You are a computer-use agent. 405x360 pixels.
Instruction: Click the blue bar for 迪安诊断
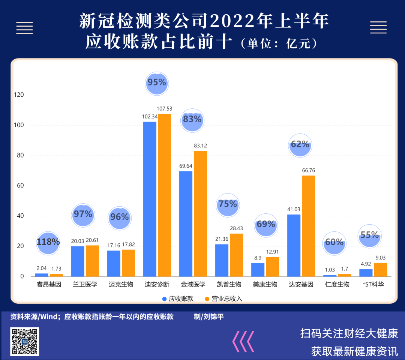(150, 199)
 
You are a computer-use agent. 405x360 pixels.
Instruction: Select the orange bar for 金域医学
(200, 214)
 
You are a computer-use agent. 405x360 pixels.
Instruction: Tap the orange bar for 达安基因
(309, 226)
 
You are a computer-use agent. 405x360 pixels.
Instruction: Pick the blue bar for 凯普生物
(222, 260)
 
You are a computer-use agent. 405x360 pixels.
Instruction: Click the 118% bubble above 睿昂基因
(48, 243)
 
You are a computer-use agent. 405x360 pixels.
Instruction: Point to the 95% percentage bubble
(157, 84)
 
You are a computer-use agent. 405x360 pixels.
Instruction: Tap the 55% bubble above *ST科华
(370, 236)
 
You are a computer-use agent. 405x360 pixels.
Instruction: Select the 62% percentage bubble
(300, 145)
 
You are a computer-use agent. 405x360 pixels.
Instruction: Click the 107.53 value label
(164, 109)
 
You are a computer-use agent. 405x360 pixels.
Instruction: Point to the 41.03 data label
(294, 210)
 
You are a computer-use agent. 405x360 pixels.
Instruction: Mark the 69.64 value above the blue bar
(186, 166)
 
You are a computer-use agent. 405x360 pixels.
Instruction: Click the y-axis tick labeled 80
(20, 155)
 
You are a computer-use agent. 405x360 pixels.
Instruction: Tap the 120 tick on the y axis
(19, 95)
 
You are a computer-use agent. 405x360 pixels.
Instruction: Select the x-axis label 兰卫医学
(85, 285)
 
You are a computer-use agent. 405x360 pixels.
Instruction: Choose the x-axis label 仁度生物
(337, 285)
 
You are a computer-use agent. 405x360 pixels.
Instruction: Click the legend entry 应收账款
(178, 299)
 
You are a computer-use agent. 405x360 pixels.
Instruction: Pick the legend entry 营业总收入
(223, 299)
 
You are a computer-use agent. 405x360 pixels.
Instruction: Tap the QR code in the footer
(24, 341)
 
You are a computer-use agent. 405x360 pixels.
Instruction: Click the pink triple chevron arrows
(243, 341)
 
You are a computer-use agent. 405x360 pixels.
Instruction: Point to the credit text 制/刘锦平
(209, 316)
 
